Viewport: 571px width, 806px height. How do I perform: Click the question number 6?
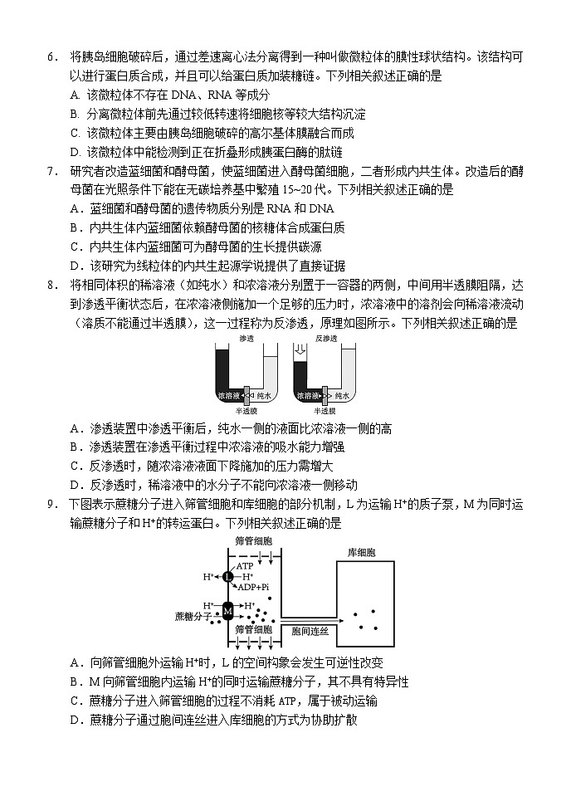point(51,57)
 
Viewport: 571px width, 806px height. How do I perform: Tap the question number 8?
point(51,285)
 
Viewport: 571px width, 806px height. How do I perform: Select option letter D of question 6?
point(76,152)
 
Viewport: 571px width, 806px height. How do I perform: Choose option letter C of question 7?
point(76,247)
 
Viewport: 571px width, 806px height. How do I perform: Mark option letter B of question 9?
point(76,681)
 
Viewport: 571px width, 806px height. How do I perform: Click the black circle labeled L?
point(227,576)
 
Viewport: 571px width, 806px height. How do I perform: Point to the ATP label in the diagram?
point(246,565)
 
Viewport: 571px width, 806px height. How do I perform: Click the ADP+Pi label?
point(253,587)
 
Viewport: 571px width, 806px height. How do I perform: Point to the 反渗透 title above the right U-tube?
point(326,339)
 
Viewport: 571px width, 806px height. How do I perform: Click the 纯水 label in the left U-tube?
point(263,396)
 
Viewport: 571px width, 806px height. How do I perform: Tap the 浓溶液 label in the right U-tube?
point(305,396)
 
